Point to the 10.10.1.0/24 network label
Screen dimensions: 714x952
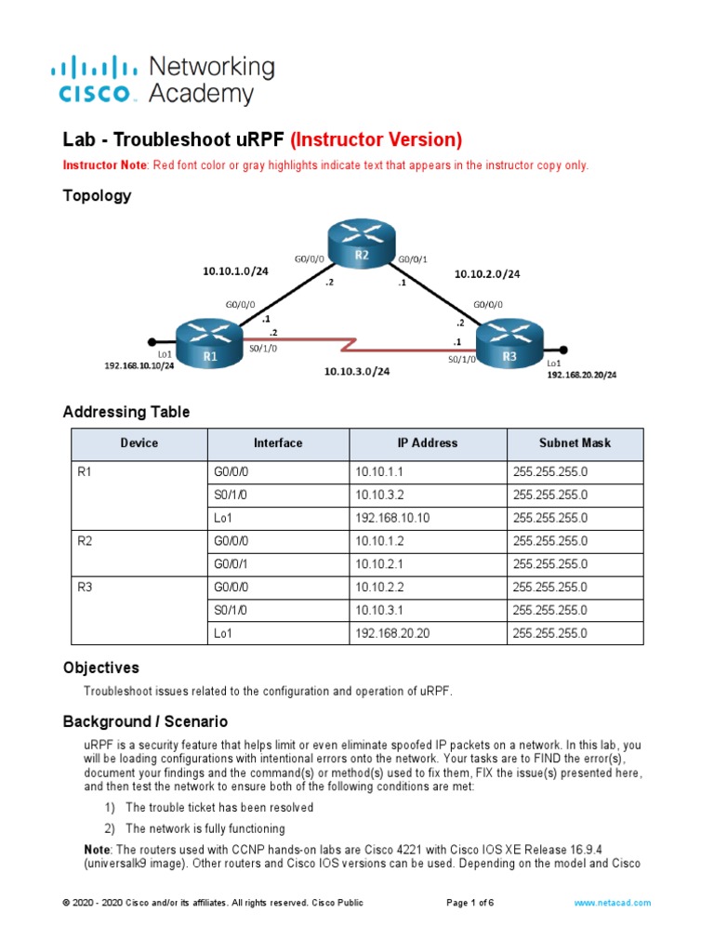click(x=235, y=271)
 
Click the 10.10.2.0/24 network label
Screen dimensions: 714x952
click(x=486, y=274)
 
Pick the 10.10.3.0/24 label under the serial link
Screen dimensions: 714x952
click(x=356, y=372)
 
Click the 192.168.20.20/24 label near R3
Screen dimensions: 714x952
click(x=581, y=375)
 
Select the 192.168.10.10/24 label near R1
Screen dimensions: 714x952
click(x=139, y=365)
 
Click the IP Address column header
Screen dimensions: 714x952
click(x=428, y=443)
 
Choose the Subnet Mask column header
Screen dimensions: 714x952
click(x=575, y=443)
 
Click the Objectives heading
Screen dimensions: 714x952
click(x=101, y=668)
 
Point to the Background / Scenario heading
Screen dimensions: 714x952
click(x=145, y=721)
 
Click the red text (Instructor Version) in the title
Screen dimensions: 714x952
click(x=377, y=140)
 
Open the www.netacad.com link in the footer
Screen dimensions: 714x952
click(x=612, y=903)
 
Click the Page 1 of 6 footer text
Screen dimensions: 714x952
click(x=469, y=903)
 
